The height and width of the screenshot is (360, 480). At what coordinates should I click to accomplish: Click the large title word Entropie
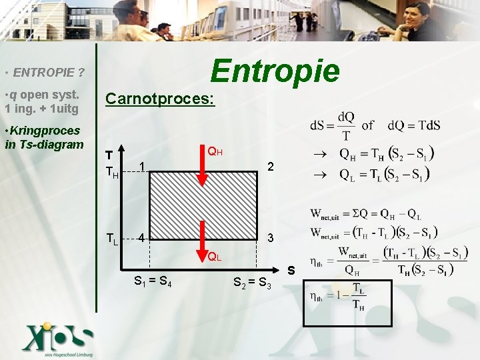pyautogui.click(x=275, y=70)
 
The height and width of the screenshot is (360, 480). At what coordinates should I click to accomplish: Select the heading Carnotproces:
pyautogui.click(x=160, y=99)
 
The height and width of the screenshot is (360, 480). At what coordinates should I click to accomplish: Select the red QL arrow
pyautogui.click(x=204, y=234)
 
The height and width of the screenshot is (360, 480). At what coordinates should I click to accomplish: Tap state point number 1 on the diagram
pyautogui.click(x=142, y=165)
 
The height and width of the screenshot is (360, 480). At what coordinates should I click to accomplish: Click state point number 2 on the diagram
pyautogui.click(x=269, y=165)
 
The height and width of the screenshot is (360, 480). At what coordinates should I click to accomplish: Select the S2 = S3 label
pyautogui.click(x=252, y=283)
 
